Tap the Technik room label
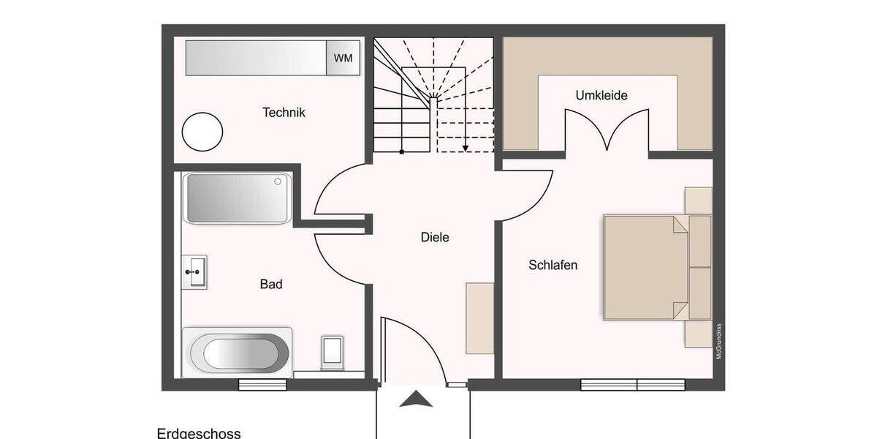[x=284, y=113]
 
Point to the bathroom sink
[x=195, y=272]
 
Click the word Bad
[x=271, y=284]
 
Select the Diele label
[x=435, y=237]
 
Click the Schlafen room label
[x=553, y=265]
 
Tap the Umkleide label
[x=601, y=96]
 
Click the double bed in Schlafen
[x=646, y=267]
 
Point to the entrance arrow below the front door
[x=416, y=399]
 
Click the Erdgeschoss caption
[x=199, y=433]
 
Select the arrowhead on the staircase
[x=465, y=147]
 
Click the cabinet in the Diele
[x=479, y=318]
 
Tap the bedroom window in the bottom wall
[x=633, y=384]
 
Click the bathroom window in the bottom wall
[x=263, y=384]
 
